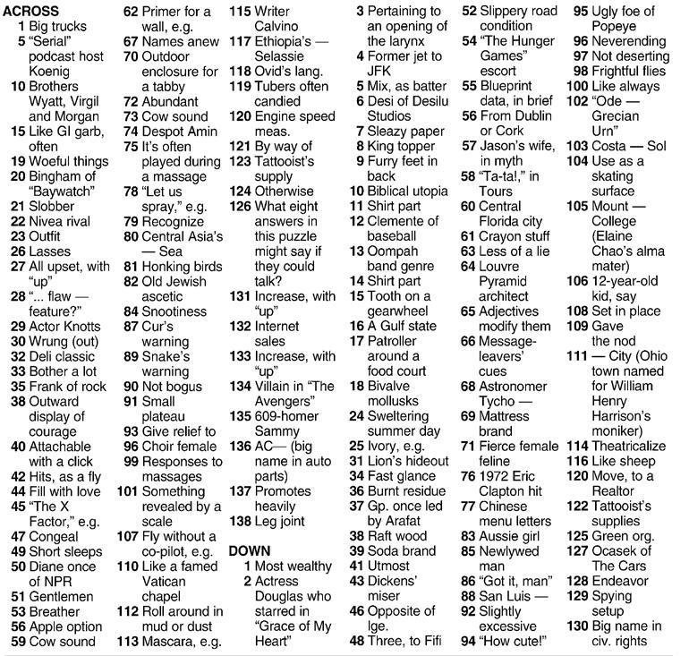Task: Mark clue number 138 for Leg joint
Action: pyautogui.click(x=240, y=521)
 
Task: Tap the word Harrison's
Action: pyautogui.click(x=622, y=416)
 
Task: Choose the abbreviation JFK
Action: pyautogui.click(x=380, y=71)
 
